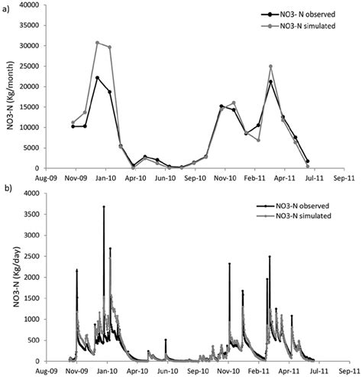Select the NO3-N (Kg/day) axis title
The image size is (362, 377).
tap(11, 277)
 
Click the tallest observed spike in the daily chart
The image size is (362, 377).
tap(104, 207)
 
